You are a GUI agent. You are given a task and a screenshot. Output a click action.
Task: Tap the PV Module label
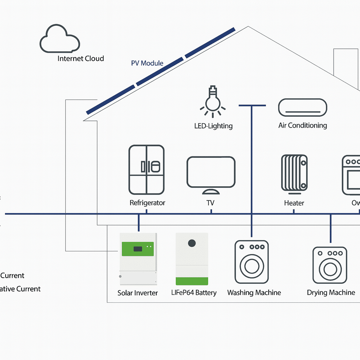pos(147,63)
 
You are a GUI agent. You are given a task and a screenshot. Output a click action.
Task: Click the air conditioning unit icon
pos(302,107)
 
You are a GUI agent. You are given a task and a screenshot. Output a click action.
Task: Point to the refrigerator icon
pos(146,169)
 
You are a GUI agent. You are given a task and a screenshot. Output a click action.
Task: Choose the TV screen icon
pos(211,172)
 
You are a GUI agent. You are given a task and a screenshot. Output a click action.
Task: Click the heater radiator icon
pos(294,174)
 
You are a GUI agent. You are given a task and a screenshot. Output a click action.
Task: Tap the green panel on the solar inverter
pos(137,249)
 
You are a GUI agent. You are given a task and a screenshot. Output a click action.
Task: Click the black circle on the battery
pos(192,243)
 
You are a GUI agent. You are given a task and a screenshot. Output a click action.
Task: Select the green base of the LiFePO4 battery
pos(192,281)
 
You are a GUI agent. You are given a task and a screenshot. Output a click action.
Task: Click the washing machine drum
pos(252,266)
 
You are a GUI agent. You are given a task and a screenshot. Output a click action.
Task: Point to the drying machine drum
pos(330,269)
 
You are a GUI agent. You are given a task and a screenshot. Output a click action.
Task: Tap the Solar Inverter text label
pos(137,293)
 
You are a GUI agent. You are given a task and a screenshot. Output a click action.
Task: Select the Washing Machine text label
pos(254,292)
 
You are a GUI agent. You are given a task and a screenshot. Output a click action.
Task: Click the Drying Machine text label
pos(331,292)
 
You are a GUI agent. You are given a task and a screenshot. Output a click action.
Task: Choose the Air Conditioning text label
pos(302,126)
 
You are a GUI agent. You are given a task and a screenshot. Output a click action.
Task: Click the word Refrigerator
pos(147,203)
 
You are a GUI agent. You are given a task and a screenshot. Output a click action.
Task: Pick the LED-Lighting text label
pos(213,126)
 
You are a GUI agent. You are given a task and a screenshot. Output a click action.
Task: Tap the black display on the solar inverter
pos(138,249)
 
